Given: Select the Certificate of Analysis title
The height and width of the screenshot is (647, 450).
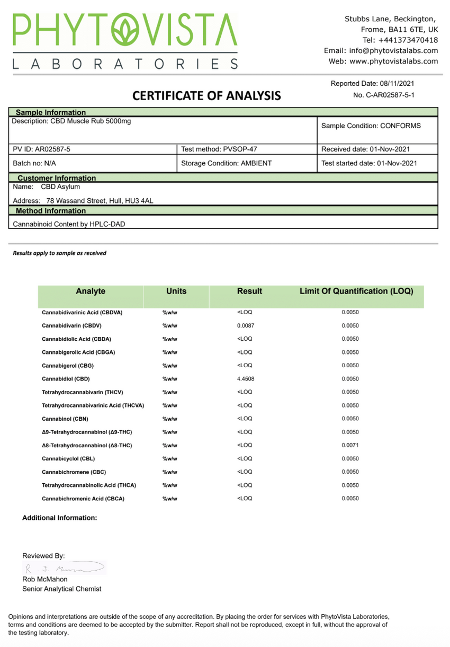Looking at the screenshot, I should click(x=206, y=96).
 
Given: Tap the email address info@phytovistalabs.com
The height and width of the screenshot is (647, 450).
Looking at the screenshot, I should click(x=393, y=50).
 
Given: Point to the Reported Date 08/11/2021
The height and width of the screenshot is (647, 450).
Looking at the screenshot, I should click(x=373, y=83).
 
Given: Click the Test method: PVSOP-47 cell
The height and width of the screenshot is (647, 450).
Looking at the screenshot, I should click(x=219, y=149).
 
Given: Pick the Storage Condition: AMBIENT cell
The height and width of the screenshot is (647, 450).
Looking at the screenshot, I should click(x=226, y=163).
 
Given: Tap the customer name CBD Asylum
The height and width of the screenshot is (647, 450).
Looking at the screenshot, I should click(x=60, y=187).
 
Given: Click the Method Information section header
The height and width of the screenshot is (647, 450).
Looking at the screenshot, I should click(x=51, y=211).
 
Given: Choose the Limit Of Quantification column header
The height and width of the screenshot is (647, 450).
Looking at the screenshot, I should click(x=356, y=291).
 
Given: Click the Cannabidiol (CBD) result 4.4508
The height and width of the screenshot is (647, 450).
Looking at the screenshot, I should click(x=246, y=379).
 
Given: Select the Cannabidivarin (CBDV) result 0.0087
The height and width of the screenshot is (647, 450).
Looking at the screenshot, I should click(x=246, y=326).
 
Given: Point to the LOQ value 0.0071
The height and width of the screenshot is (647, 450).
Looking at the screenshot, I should click(x=350, y=446).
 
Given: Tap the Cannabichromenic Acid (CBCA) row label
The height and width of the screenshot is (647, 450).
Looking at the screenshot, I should click(x=83, y=499).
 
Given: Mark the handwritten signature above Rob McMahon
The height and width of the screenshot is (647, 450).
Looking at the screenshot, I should click(x=64, y=569).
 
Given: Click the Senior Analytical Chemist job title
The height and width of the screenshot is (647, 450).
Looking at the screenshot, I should click(x=61, y=589).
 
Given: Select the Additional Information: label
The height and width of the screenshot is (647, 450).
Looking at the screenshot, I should click(x=59, y=518).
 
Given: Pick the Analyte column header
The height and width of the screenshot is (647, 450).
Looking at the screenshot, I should click(x=91, y=291).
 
